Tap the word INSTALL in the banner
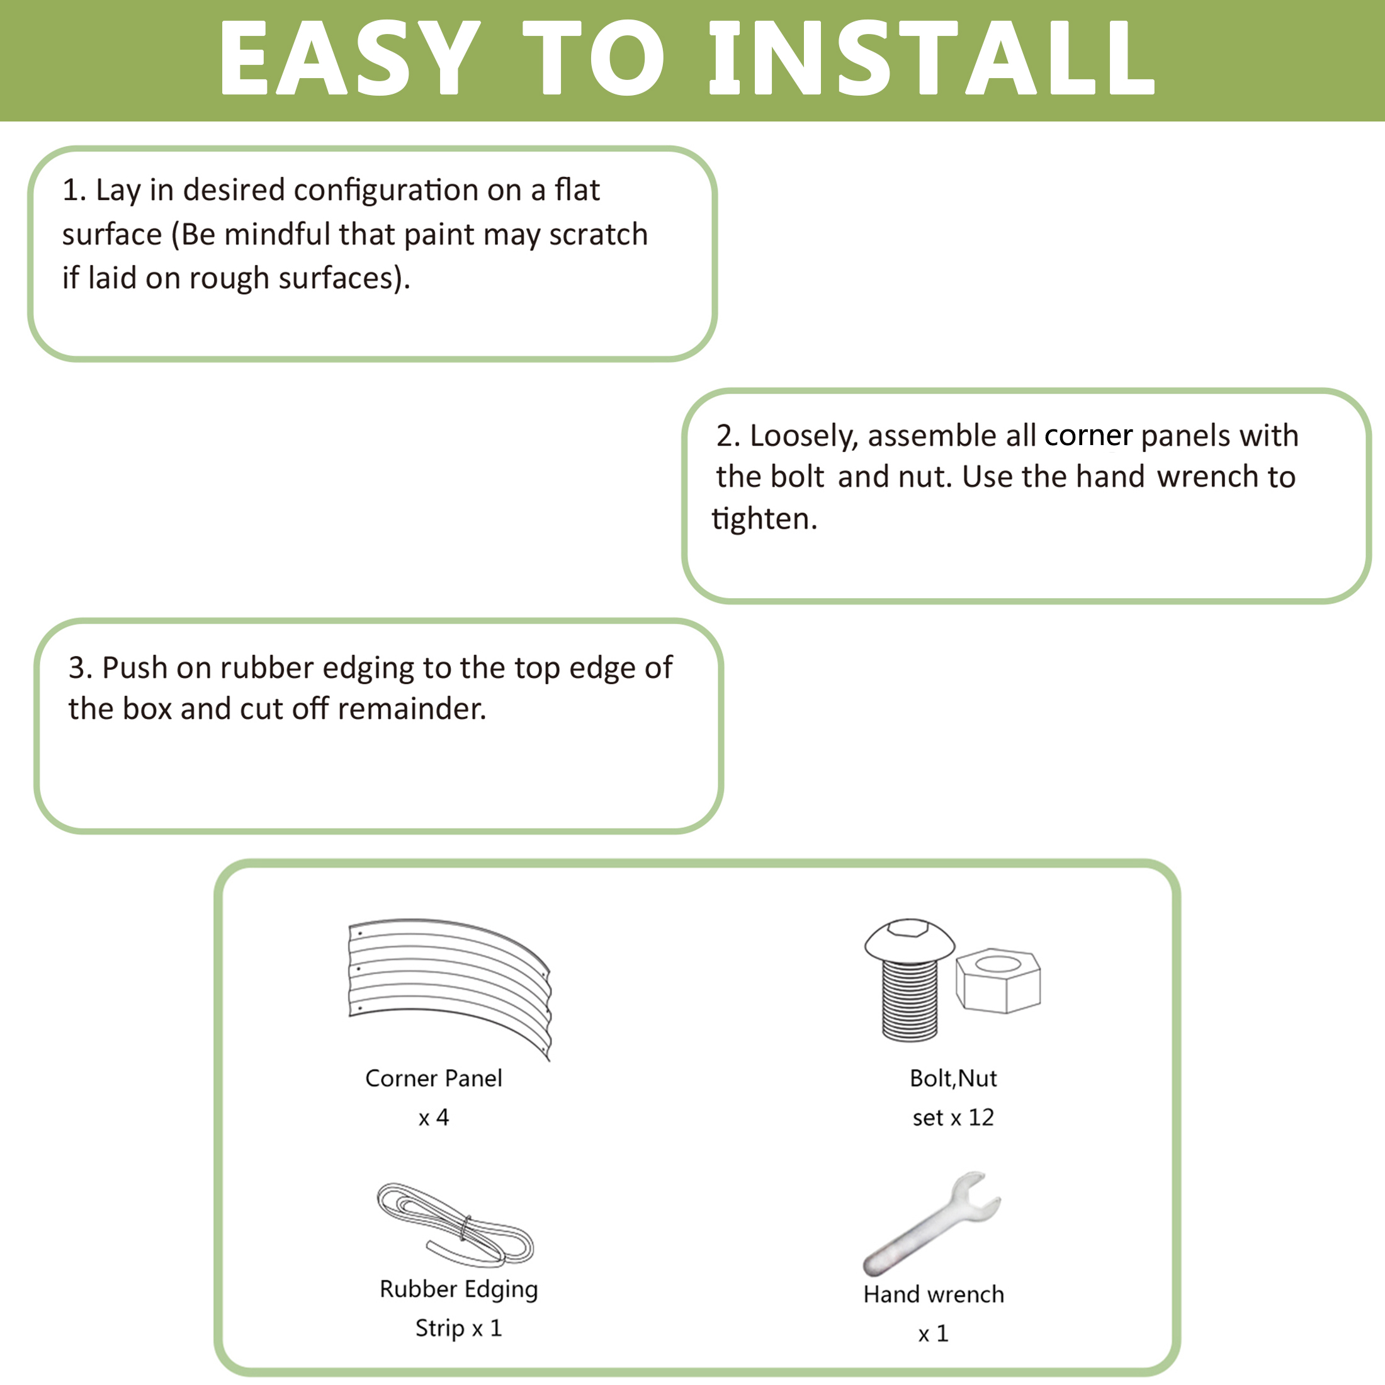(x=931, y=58)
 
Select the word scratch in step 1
(x=599, y=234)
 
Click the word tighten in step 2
(x=764, y=518)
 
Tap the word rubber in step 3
(x=267, y=667)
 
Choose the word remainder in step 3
(x=412, y=709)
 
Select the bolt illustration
(x=910, y=979)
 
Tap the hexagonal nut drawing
(x=998, y=981)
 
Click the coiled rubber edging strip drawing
(x=455, y=1224)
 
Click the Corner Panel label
(x=434, y=1078)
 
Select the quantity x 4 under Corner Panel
(x=434, y=1117)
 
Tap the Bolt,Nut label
(x=953, y=1078)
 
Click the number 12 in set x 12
(x=981, y=1117)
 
